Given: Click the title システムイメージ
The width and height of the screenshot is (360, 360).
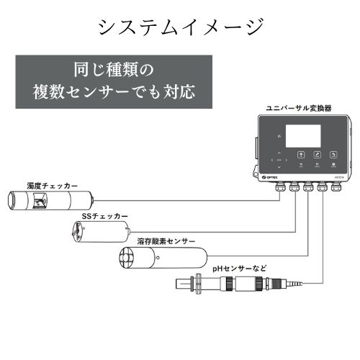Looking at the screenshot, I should pos(180,27).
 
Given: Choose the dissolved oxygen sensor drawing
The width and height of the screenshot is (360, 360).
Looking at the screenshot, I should pos(161,258).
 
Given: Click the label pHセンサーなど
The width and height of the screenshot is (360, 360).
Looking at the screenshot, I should pos(239,269).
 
